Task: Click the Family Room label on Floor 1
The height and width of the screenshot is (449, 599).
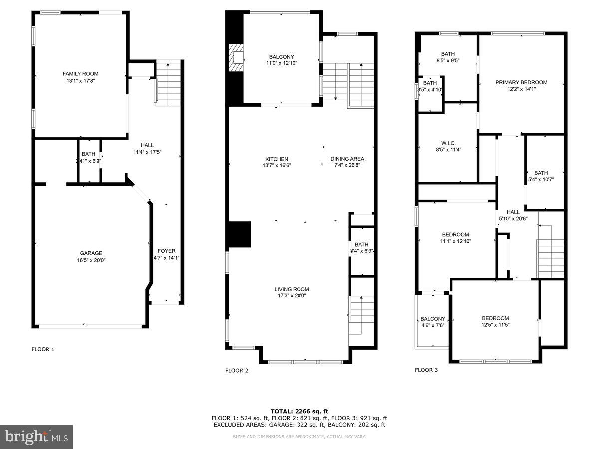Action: coord(80,74)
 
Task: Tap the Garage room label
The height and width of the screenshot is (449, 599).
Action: coord(91,253)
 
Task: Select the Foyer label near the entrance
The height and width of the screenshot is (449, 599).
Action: coord(166,251)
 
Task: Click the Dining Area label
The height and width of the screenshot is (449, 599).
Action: coord(347,159)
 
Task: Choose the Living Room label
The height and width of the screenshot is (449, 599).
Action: coord(292,289)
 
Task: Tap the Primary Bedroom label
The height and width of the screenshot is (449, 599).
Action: coord(521,82)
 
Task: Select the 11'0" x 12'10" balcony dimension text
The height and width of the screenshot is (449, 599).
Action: coord(281,63)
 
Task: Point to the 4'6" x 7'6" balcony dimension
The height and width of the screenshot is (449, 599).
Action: coord(433,325)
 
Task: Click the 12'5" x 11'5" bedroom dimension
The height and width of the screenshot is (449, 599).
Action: coord(495,324)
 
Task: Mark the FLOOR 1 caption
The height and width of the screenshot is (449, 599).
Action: coord(43,349)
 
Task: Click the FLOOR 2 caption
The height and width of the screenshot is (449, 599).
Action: coord(237,370)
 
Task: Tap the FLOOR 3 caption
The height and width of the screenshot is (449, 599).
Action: coord(426,370)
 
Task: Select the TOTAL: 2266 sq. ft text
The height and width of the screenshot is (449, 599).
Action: coord(299,411)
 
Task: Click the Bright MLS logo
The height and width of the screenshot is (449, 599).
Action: coord(36,437)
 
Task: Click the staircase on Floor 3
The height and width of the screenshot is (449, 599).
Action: coord(550,258)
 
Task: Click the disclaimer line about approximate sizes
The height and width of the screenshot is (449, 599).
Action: coord(299,437)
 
